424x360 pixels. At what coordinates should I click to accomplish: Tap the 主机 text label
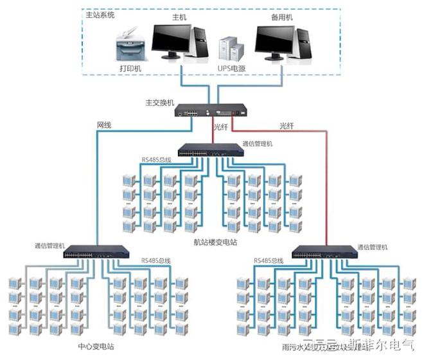pos(179,17)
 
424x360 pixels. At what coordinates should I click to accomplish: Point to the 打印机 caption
pos(130,67)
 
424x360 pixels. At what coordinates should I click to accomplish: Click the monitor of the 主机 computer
pos(170,40)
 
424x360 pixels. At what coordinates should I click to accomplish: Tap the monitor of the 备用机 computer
pos(274,40)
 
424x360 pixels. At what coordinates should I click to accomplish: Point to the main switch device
pos(211,110)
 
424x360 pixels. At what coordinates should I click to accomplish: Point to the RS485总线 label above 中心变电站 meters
pos(156,261)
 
